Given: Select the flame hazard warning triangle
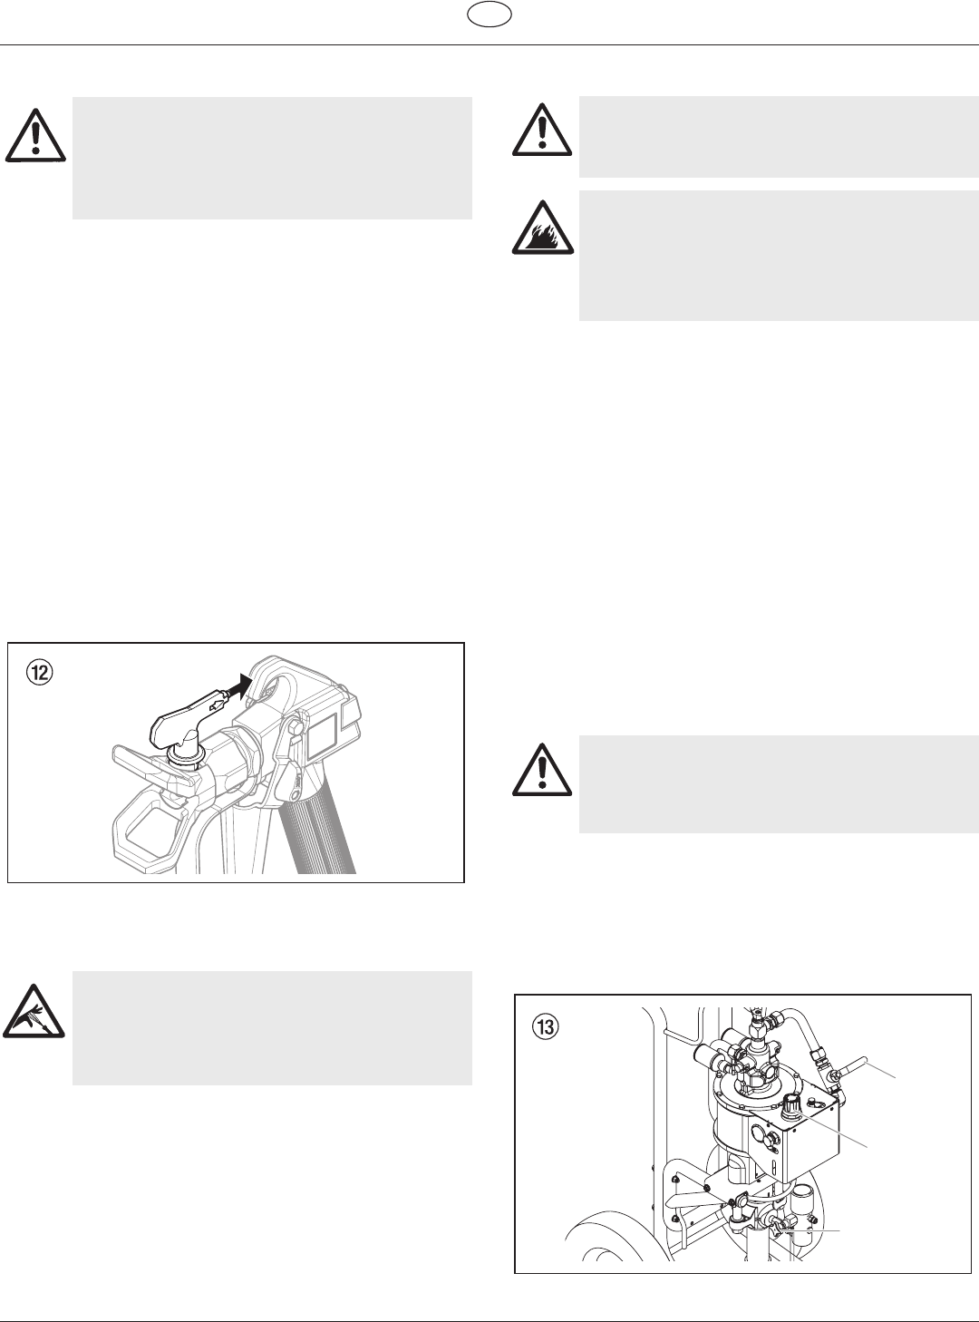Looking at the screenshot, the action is [543, 228].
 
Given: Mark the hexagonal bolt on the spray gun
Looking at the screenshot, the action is [296, 729].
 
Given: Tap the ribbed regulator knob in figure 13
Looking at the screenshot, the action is [790, 1103].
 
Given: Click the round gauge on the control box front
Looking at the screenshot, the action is [761, 1131].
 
